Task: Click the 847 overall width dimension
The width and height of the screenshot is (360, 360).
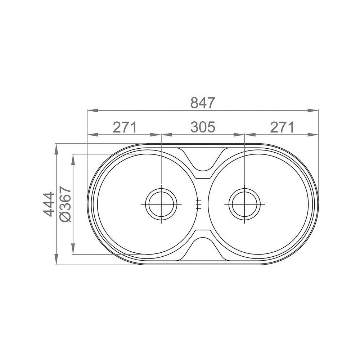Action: (x=203, y=103)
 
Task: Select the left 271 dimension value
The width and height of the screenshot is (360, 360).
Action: (x=125, y=127)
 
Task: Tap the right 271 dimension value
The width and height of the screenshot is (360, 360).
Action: (x=282, y=127)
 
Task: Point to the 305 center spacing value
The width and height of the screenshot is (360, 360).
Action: (x=203, y=127)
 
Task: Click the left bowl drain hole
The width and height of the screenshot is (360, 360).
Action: (x=161, y=204)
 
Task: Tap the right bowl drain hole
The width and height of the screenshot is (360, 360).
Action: (x=245, y=204)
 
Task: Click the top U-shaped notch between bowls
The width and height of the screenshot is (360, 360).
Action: (x=202, y=170)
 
